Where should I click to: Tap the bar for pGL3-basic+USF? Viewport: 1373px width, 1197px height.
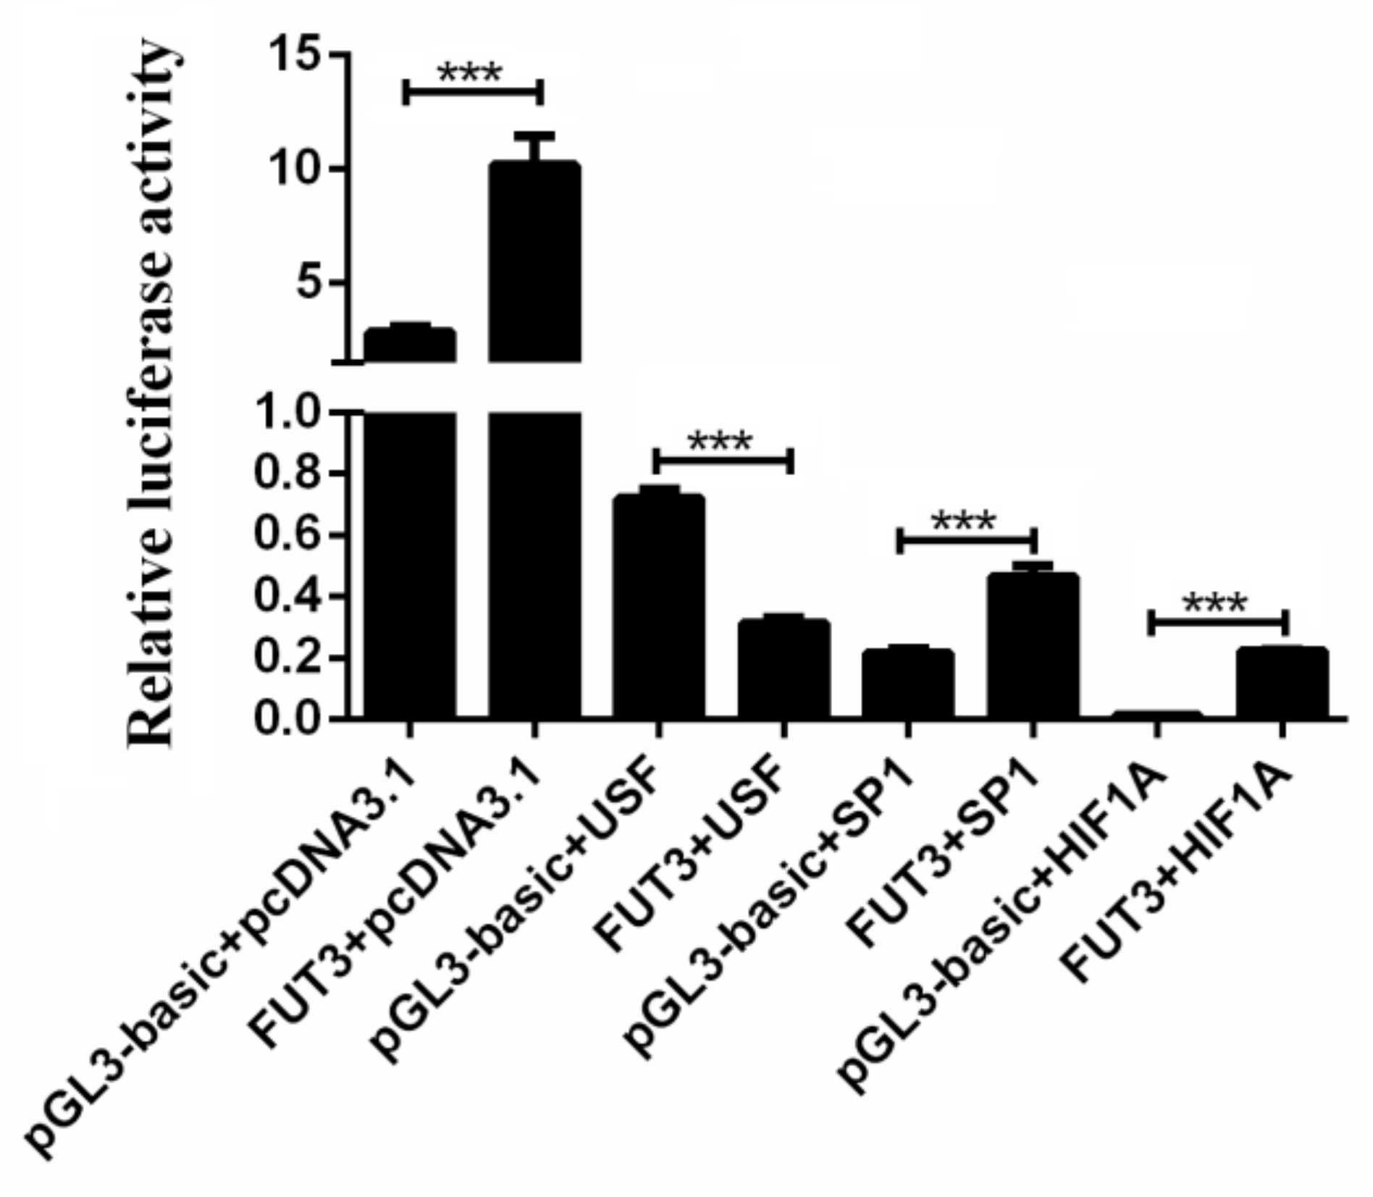[x=658, y=608]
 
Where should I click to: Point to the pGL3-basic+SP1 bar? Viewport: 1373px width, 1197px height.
[x=908, y=684]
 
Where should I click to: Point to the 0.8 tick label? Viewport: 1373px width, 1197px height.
[x=286, y=474]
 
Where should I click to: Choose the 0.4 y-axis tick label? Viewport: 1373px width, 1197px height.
[x=286, y=597]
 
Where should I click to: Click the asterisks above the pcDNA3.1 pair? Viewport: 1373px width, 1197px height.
[x=470, y=73]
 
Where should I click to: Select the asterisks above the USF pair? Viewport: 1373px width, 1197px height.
[x=721, y=441]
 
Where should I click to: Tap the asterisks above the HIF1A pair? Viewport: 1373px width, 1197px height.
[x=1215, y=603]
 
